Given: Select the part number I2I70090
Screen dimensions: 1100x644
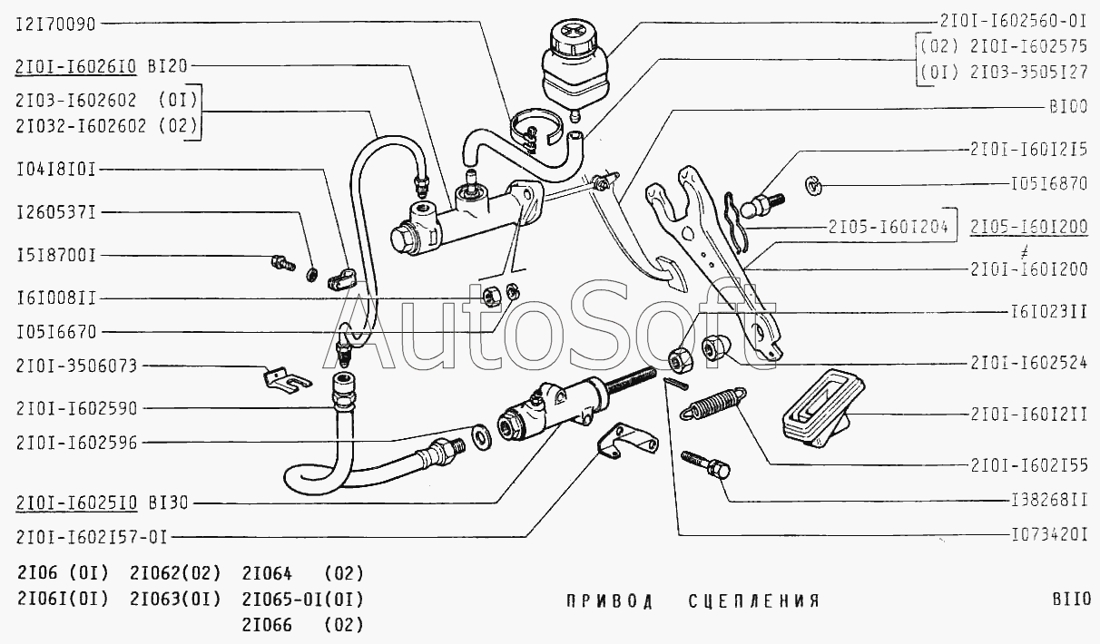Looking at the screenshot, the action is (x=55, y=24).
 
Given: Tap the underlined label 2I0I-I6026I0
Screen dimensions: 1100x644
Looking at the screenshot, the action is (x=75, y=66).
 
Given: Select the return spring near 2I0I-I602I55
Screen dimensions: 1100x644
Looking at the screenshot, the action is (x=713, y=404).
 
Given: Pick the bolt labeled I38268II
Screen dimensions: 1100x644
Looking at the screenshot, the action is (x=706, y=464).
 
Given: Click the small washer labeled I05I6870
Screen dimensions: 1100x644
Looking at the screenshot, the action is (x=812, y=186).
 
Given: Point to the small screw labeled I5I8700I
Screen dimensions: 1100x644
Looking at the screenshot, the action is (x=283, y=263).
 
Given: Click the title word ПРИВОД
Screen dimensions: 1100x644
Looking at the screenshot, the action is (x=610, y=600).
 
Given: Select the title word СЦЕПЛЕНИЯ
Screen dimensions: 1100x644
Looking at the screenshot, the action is (x=754, y=600).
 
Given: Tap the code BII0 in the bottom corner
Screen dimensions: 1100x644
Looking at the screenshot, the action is (x=1072, y=599).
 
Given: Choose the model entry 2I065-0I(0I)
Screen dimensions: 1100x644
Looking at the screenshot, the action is (x=302, y=600).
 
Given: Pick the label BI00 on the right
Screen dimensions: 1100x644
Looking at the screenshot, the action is (x=1068, y=107).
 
